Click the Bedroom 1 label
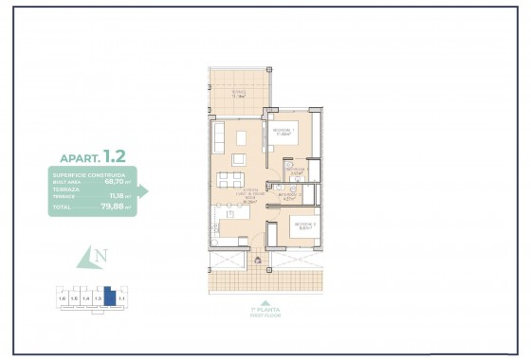pos(284,131)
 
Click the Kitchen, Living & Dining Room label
pos(225,195)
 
